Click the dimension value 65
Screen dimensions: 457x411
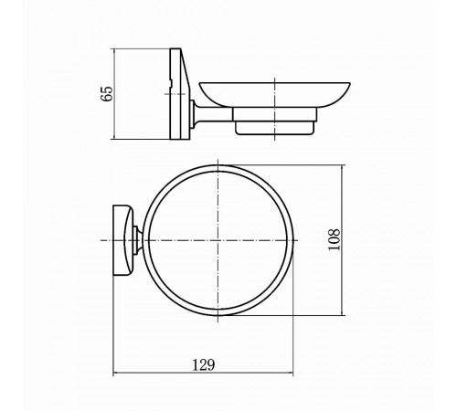coord(107,94)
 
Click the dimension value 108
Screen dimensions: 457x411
coord(334,240)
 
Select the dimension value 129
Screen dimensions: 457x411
coord(203,364)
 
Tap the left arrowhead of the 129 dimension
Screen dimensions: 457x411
coord(115,373)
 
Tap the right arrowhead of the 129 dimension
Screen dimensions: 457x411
coord(291,373)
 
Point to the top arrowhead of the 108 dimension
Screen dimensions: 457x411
coord(343,168)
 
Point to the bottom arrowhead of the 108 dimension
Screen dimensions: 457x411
coord(343,312)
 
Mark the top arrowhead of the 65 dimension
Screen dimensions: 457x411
coord(114,51)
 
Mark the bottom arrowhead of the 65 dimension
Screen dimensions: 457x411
coord(114,136)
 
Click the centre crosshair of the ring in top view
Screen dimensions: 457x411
coord(218,240)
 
